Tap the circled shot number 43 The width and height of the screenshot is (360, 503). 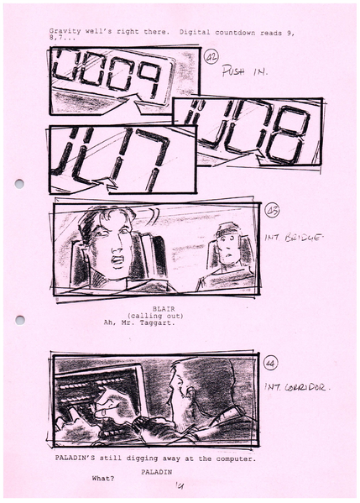272,212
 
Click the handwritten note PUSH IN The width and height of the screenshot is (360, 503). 244,73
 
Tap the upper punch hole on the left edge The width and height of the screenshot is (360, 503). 19,183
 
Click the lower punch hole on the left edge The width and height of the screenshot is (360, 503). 19,320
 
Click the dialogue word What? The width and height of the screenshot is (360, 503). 103,480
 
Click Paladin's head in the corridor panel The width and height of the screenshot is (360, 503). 189,387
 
